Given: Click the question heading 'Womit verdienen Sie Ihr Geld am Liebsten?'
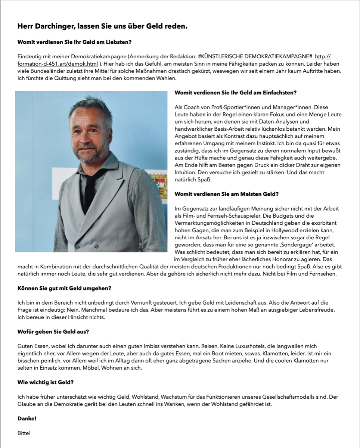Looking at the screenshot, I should [74, 42].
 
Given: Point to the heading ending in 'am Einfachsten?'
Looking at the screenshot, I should [235, 93].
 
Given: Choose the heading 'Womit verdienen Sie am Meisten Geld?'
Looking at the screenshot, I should [227, 194].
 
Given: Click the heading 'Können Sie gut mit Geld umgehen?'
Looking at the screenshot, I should [64, 288].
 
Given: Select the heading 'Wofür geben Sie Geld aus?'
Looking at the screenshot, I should [53, 332].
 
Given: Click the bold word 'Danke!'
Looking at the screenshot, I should [27, 419].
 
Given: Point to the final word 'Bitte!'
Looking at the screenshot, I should [24, 433].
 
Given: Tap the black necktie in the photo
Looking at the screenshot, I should [90, 187].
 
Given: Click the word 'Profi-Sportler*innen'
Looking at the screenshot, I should [232, 107].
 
